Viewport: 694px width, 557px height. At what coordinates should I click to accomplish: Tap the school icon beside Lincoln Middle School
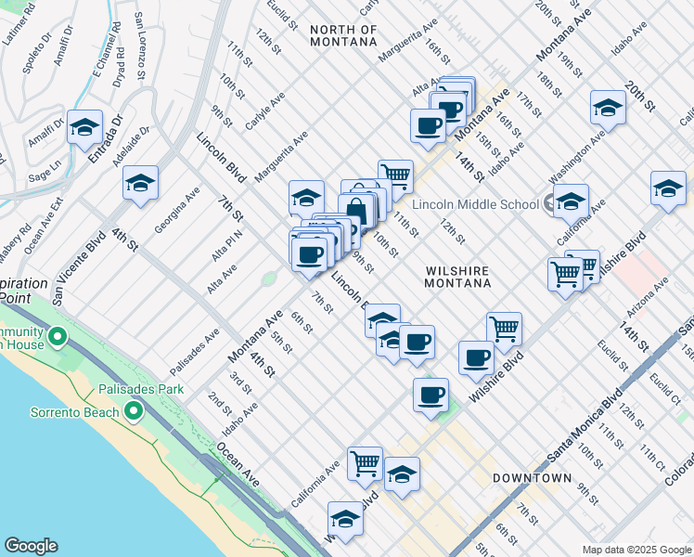571,201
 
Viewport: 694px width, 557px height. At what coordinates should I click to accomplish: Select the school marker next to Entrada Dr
84,127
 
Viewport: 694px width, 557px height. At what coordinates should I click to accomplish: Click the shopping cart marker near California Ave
365,462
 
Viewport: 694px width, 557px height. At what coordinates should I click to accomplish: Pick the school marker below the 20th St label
607,107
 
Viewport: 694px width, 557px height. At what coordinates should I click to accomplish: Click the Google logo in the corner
31,546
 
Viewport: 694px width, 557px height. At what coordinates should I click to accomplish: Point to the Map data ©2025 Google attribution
636,549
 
